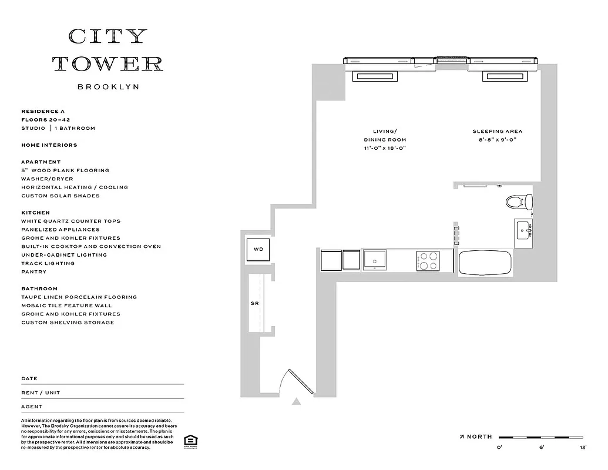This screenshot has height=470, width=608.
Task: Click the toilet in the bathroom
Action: (x=518, y=202)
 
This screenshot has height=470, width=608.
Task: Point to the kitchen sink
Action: (x=374, y=259)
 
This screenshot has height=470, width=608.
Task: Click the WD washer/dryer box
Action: (x=258, y=249)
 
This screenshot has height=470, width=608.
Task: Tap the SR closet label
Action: (x=255, y=304)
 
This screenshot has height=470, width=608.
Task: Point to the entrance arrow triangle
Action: (x=297, y=402)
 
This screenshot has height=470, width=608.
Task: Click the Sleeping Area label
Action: (x=497, y=132)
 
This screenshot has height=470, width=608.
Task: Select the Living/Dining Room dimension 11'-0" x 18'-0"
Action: (x=385, y=148)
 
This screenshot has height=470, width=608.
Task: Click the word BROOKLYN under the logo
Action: (x=108, y=87)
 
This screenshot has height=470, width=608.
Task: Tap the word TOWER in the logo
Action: (x=108, y=63)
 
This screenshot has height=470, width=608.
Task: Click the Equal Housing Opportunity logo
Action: (x=190, y=441)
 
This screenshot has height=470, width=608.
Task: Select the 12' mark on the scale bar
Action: (x=583, y=448)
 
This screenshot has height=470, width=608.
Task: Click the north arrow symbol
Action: (x=462, y=437)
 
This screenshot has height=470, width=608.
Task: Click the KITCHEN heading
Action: (x=35, y=213)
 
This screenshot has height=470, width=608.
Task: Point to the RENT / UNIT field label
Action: (x=41, y=392)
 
